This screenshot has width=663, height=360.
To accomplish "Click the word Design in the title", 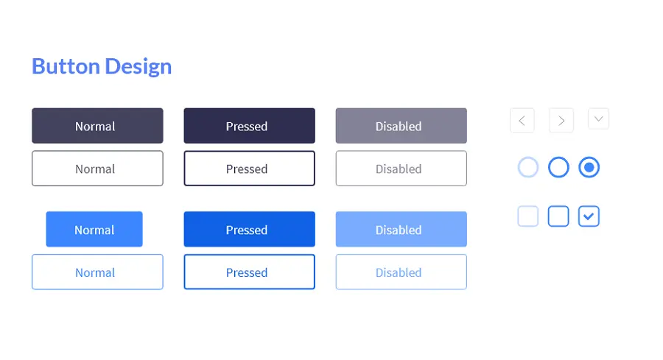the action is pyautogui.click(x=138, y=67).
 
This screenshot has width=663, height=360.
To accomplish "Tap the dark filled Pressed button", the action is pyautogui.click(x=250, y=125).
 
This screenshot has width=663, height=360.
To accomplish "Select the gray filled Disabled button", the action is pyautogui.click(x=401, y=125).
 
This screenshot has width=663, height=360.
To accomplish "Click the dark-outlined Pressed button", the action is pyautogui.click(x=250, y=168).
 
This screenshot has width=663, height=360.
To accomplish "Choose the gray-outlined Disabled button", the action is pyautogui.click(x=401, y=168).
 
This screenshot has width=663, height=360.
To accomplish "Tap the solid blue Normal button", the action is pyautogui.click(x=94, y=229).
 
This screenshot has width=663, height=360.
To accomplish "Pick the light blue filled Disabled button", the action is pyautogui.click(x=401, y=229).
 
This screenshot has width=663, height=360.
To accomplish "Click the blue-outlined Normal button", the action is pyautogui.click(x=97, y=272).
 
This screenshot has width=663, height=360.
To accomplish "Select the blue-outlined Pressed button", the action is pyautogui.click(x=250, y=272).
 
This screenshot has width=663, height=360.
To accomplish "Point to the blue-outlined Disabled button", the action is pyautogui.click(x=401, y=272).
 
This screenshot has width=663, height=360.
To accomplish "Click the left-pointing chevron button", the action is pyautogui.click(x=522, y=121).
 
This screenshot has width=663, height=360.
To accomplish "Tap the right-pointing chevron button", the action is pyautogui.click(x=561, y=121).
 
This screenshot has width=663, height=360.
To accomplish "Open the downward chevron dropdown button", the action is pyautogui.click(x=598, y=119).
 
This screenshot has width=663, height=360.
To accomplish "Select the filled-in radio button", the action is pyautogui.click(x=589, y=167).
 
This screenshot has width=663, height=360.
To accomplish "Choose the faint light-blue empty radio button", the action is pyautogui.click(x=528, y=158).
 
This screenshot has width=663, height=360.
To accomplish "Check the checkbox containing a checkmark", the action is pyautogui.click(x=589, y=216).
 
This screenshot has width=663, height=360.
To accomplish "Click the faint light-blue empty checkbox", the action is pyautogui.click(x=528, y=207).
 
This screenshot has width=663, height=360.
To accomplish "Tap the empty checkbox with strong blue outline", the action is pyautogui.click(x=558, y=207).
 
